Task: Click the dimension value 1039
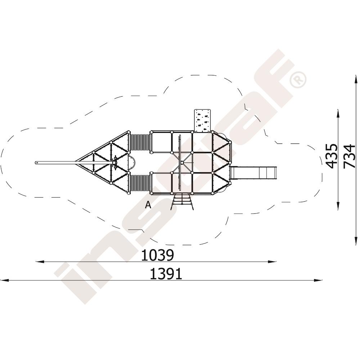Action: click(157, 255)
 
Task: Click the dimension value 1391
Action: click(166, 274)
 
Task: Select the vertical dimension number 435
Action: click(332, 156)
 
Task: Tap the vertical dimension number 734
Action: click(349, 156)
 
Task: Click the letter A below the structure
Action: click(148, 204)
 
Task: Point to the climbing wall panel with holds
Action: click(202, 121)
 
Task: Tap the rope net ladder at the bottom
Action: click(182, 202)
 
